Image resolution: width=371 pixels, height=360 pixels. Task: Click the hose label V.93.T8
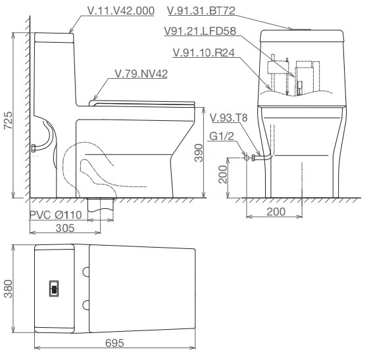tap(229, 118)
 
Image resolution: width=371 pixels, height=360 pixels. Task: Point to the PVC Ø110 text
tap(56, 215)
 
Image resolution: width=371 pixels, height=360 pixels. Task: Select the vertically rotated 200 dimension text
tap(223, 175)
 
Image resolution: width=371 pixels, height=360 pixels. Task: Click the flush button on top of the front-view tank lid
tap(303, 28)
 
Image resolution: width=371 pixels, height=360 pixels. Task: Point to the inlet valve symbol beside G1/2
tap(247, 157)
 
